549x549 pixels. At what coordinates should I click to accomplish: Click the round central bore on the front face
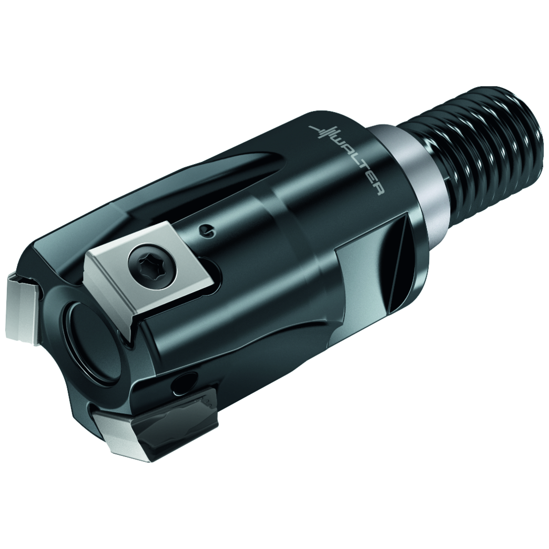[89, 337]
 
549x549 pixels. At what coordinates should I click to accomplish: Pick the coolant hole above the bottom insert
[185, 383]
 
